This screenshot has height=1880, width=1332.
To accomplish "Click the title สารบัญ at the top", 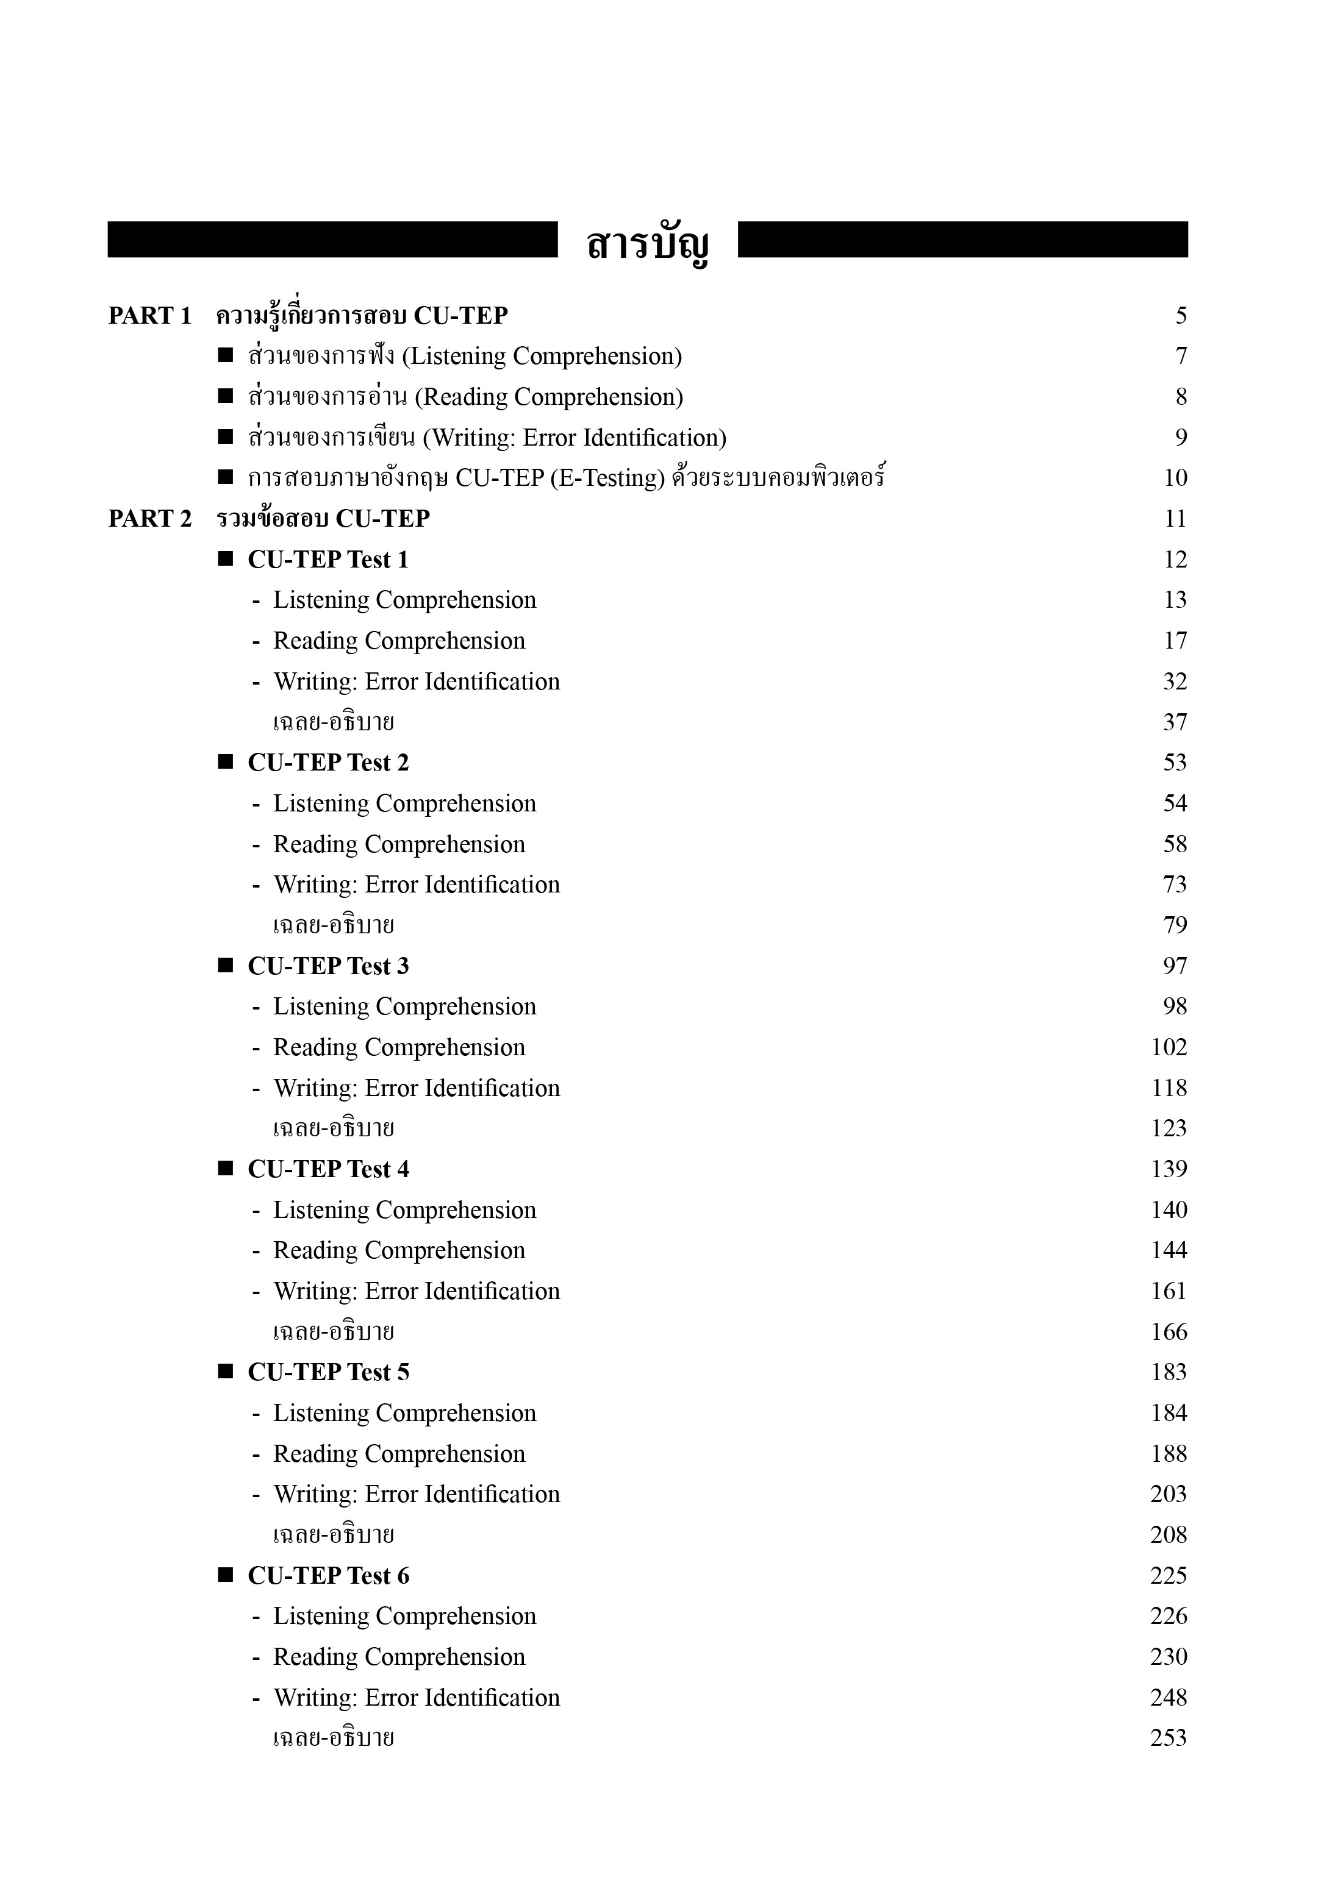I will [x=647, y=244].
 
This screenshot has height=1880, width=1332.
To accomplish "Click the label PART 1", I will [x=149, y=316].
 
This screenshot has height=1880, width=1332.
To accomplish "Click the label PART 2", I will [x=149, y=519].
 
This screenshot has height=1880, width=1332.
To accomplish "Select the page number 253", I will [x=1168, y=1738].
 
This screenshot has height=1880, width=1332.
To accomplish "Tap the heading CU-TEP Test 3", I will [x=328, y=966].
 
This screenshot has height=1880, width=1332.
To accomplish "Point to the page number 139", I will [x=1169, y=1169].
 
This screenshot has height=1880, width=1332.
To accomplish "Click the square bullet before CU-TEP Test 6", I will [x=226, y=1575].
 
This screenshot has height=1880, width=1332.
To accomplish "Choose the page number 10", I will [x=1175, y=478].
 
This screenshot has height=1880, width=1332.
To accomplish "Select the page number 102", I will [x=1169, y=1047].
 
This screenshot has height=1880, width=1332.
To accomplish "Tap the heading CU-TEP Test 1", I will [x=328, y=560].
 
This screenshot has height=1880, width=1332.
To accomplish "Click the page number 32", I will [x=1175, y=682].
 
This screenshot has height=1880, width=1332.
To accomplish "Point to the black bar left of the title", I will [x=332, y=240].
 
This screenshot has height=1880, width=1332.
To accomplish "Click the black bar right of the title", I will [x=962, y=240].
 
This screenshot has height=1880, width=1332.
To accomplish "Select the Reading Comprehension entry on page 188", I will [x=399, y=1454].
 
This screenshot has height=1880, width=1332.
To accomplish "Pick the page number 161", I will [x=1169, y=1291].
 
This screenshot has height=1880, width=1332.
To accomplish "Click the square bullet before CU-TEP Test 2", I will [x=226, y=763].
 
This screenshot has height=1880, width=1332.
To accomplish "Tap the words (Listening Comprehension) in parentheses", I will [x=542, y=357].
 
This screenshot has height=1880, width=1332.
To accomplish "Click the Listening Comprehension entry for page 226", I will [x=404, y=1616].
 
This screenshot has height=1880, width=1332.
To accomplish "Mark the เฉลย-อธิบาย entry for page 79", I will [x=333, y=925].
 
